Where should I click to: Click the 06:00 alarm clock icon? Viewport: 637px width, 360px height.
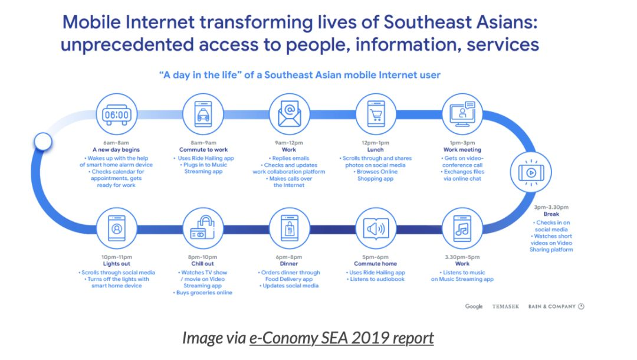pyautogui.click(x=117, y=114)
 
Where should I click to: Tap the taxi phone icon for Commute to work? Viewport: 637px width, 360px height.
pyautogui.click(x=203, y=114)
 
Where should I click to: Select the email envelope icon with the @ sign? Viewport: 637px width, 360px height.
pyautogui.click(x=289, y=114)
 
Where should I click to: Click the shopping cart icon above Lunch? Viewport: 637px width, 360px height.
pyautogui.click(x=376, y=114)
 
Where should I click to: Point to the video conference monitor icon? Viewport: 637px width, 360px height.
pyautogui.click(x=462, y=114)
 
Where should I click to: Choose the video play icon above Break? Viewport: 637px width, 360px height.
pyautogui.click(x=531, y=172)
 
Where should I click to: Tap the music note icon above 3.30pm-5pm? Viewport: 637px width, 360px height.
pyautogui.click(x=462, y=228)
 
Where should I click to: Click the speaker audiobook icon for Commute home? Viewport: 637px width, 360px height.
pyautogui.click(x=376, y=228)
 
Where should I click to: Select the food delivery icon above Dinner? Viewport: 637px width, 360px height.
pyautogui.click(x=289, y=228)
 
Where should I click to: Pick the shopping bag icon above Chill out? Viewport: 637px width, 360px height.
pyautogui.click(x=203, y=228)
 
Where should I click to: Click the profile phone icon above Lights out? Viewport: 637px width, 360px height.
pyautogui.click(x=117, y=228)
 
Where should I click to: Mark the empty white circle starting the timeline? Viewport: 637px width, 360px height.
pyautogui.click(x=42, y=142)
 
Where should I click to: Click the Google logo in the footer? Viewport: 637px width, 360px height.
pyautogui.click(x=474, y=306)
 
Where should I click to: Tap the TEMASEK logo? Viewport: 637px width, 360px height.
pyautogui.click(x=506, y=306)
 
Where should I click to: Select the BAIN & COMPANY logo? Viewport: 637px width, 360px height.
pyautogui.click(x=556, y=306)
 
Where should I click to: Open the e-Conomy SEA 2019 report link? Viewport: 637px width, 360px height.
pyautogui.click(x=342, y=338)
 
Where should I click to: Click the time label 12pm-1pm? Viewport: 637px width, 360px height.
pyautogui.click(x=375, y=143)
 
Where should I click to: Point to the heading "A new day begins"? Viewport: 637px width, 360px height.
pyautogui.click(x=116, y=149)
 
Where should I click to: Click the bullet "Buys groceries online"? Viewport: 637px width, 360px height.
pyautogui.click(x=203, y=293)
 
